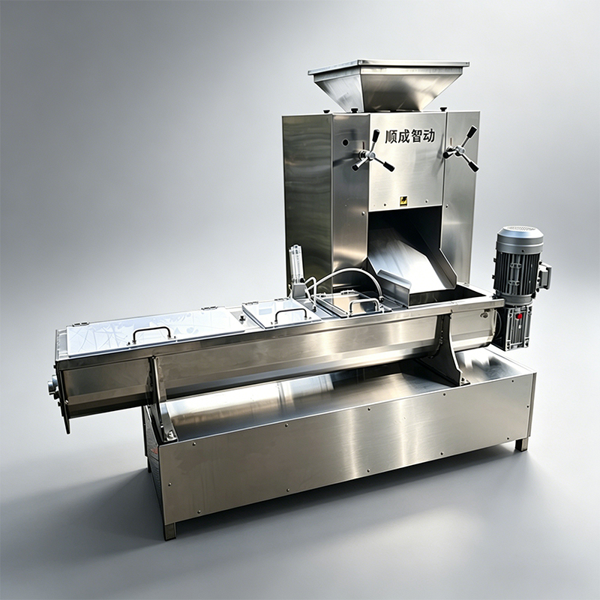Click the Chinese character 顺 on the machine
coord(391,136)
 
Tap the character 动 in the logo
coord(428,136)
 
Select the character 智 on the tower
coord(416,136)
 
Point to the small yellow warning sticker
coord(403,200)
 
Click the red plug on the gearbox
coord(519,316)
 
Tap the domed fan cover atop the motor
coord(519,236)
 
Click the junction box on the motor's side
coord(546,275)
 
